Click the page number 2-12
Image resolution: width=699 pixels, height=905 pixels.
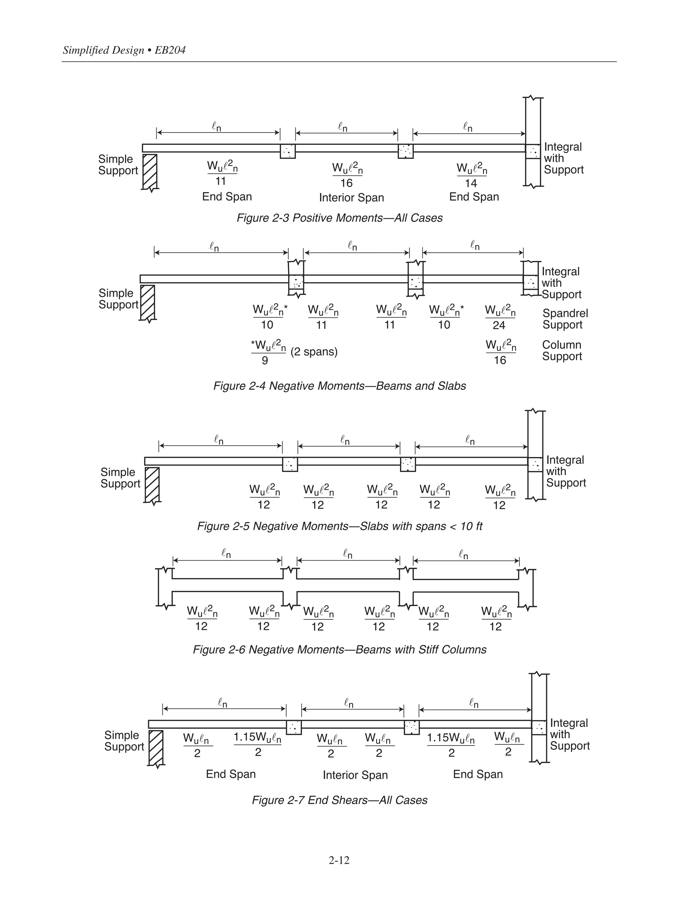pos(339,861)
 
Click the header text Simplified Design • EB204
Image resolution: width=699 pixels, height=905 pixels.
pos(124,50)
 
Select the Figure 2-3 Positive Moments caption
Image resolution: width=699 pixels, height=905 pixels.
pos(339,218)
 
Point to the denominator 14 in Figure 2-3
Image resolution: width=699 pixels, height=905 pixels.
pos(471,183)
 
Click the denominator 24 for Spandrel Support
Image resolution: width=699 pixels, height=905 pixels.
pos(499,325)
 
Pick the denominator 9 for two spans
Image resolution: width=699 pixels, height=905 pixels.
pos(265,361)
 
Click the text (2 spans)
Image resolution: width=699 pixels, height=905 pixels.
pos(314,352)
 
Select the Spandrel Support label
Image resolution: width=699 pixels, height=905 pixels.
pos(565,319)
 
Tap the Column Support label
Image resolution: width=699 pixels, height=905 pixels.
pos(562,351)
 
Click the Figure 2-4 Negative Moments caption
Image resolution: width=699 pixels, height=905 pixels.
pos(339,386)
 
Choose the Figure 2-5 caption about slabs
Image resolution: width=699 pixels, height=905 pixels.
pos(339,526)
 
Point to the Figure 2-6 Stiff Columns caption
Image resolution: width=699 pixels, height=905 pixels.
pos(339,649)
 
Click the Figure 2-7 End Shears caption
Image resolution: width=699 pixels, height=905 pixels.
pos(339,800)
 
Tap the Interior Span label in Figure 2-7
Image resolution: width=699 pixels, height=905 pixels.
pos(355,775)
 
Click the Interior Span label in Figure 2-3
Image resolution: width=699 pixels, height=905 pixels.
pos(351,198)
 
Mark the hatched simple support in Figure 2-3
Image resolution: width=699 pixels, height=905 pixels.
pos(149,171)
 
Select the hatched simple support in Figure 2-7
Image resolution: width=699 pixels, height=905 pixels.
pos(156,748)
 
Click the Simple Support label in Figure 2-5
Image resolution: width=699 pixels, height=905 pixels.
pos(120,478)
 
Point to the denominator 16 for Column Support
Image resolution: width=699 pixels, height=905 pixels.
pos(500,361)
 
